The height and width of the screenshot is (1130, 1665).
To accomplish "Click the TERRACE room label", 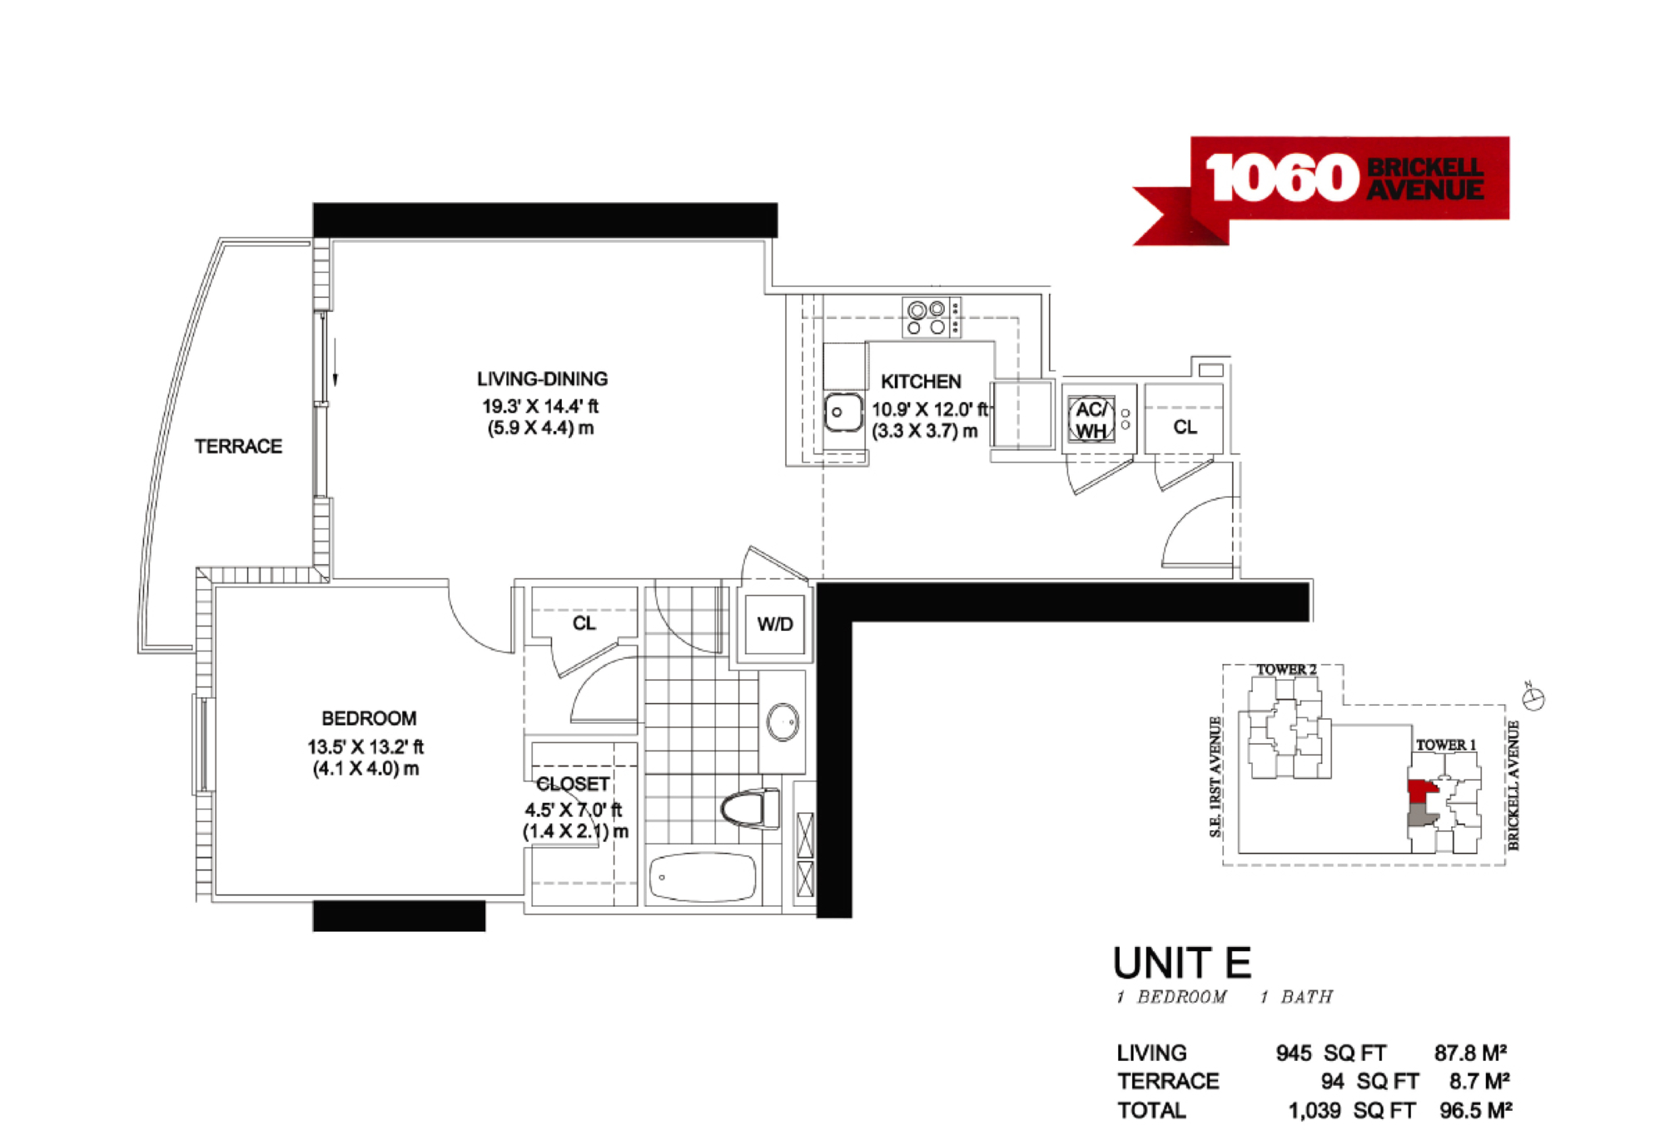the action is coord(238,447).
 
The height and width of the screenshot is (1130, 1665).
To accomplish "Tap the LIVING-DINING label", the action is coord(542,379).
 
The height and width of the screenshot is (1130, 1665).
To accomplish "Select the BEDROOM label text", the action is coord(369,718).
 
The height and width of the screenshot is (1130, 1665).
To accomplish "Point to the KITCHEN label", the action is coord(921,382).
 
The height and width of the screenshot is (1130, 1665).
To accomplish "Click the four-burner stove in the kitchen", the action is coord(932,317).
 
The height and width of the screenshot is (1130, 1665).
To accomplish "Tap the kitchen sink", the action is coord(842,412).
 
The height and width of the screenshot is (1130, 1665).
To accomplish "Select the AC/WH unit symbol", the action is coord(1091,419).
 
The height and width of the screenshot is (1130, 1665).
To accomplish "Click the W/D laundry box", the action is coord(775,624).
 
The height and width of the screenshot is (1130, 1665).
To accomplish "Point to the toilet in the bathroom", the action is coord(750,809).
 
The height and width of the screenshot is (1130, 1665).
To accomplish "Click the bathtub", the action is coord(702,877).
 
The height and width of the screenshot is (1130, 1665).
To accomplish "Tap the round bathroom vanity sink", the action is coord(783,722).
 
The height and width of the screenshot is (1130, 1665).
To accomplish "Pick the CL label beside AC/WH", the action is coord(1185,427).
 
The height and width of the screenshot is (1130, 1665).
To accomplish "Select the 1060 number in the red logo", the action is coord(1282,177).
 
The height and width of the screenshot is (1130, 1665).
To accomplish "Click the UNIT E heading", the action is coord(1182,963).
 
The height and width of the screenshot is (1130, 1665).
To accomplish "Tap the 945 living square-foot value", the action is coord(1294,1053).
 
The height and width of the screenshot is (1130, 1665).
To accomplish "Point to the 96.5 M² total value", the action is coord(1475,1111).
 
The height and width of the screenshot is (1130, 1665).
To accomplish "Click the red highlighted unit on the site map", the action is coord(1420,791).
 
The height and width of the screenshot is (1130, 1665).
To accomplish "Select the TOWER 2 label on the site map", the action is coord(1286,669).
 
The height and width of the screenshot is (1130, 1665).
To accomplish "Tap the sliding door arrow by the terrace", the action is coord(335,363).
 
